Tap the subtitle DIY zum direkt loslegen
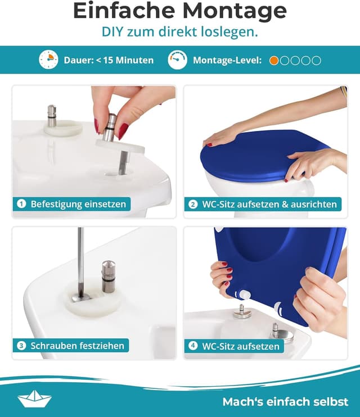coord(179,32)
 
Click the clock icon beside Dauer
coord(48,60)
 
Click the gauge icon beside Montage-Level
coord(177,60)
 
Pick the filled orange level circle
coord(274,60)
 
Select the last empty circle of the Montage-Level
coord(316,60)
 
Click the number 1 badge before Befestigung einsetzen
coord(21,204)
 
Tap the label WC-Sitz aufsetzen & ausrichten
coord(269,204)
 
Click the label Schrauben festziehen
coord(78,346)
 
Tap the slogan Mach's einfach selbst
coord(285,402)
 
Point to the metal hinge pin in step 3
coord(108,277)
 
